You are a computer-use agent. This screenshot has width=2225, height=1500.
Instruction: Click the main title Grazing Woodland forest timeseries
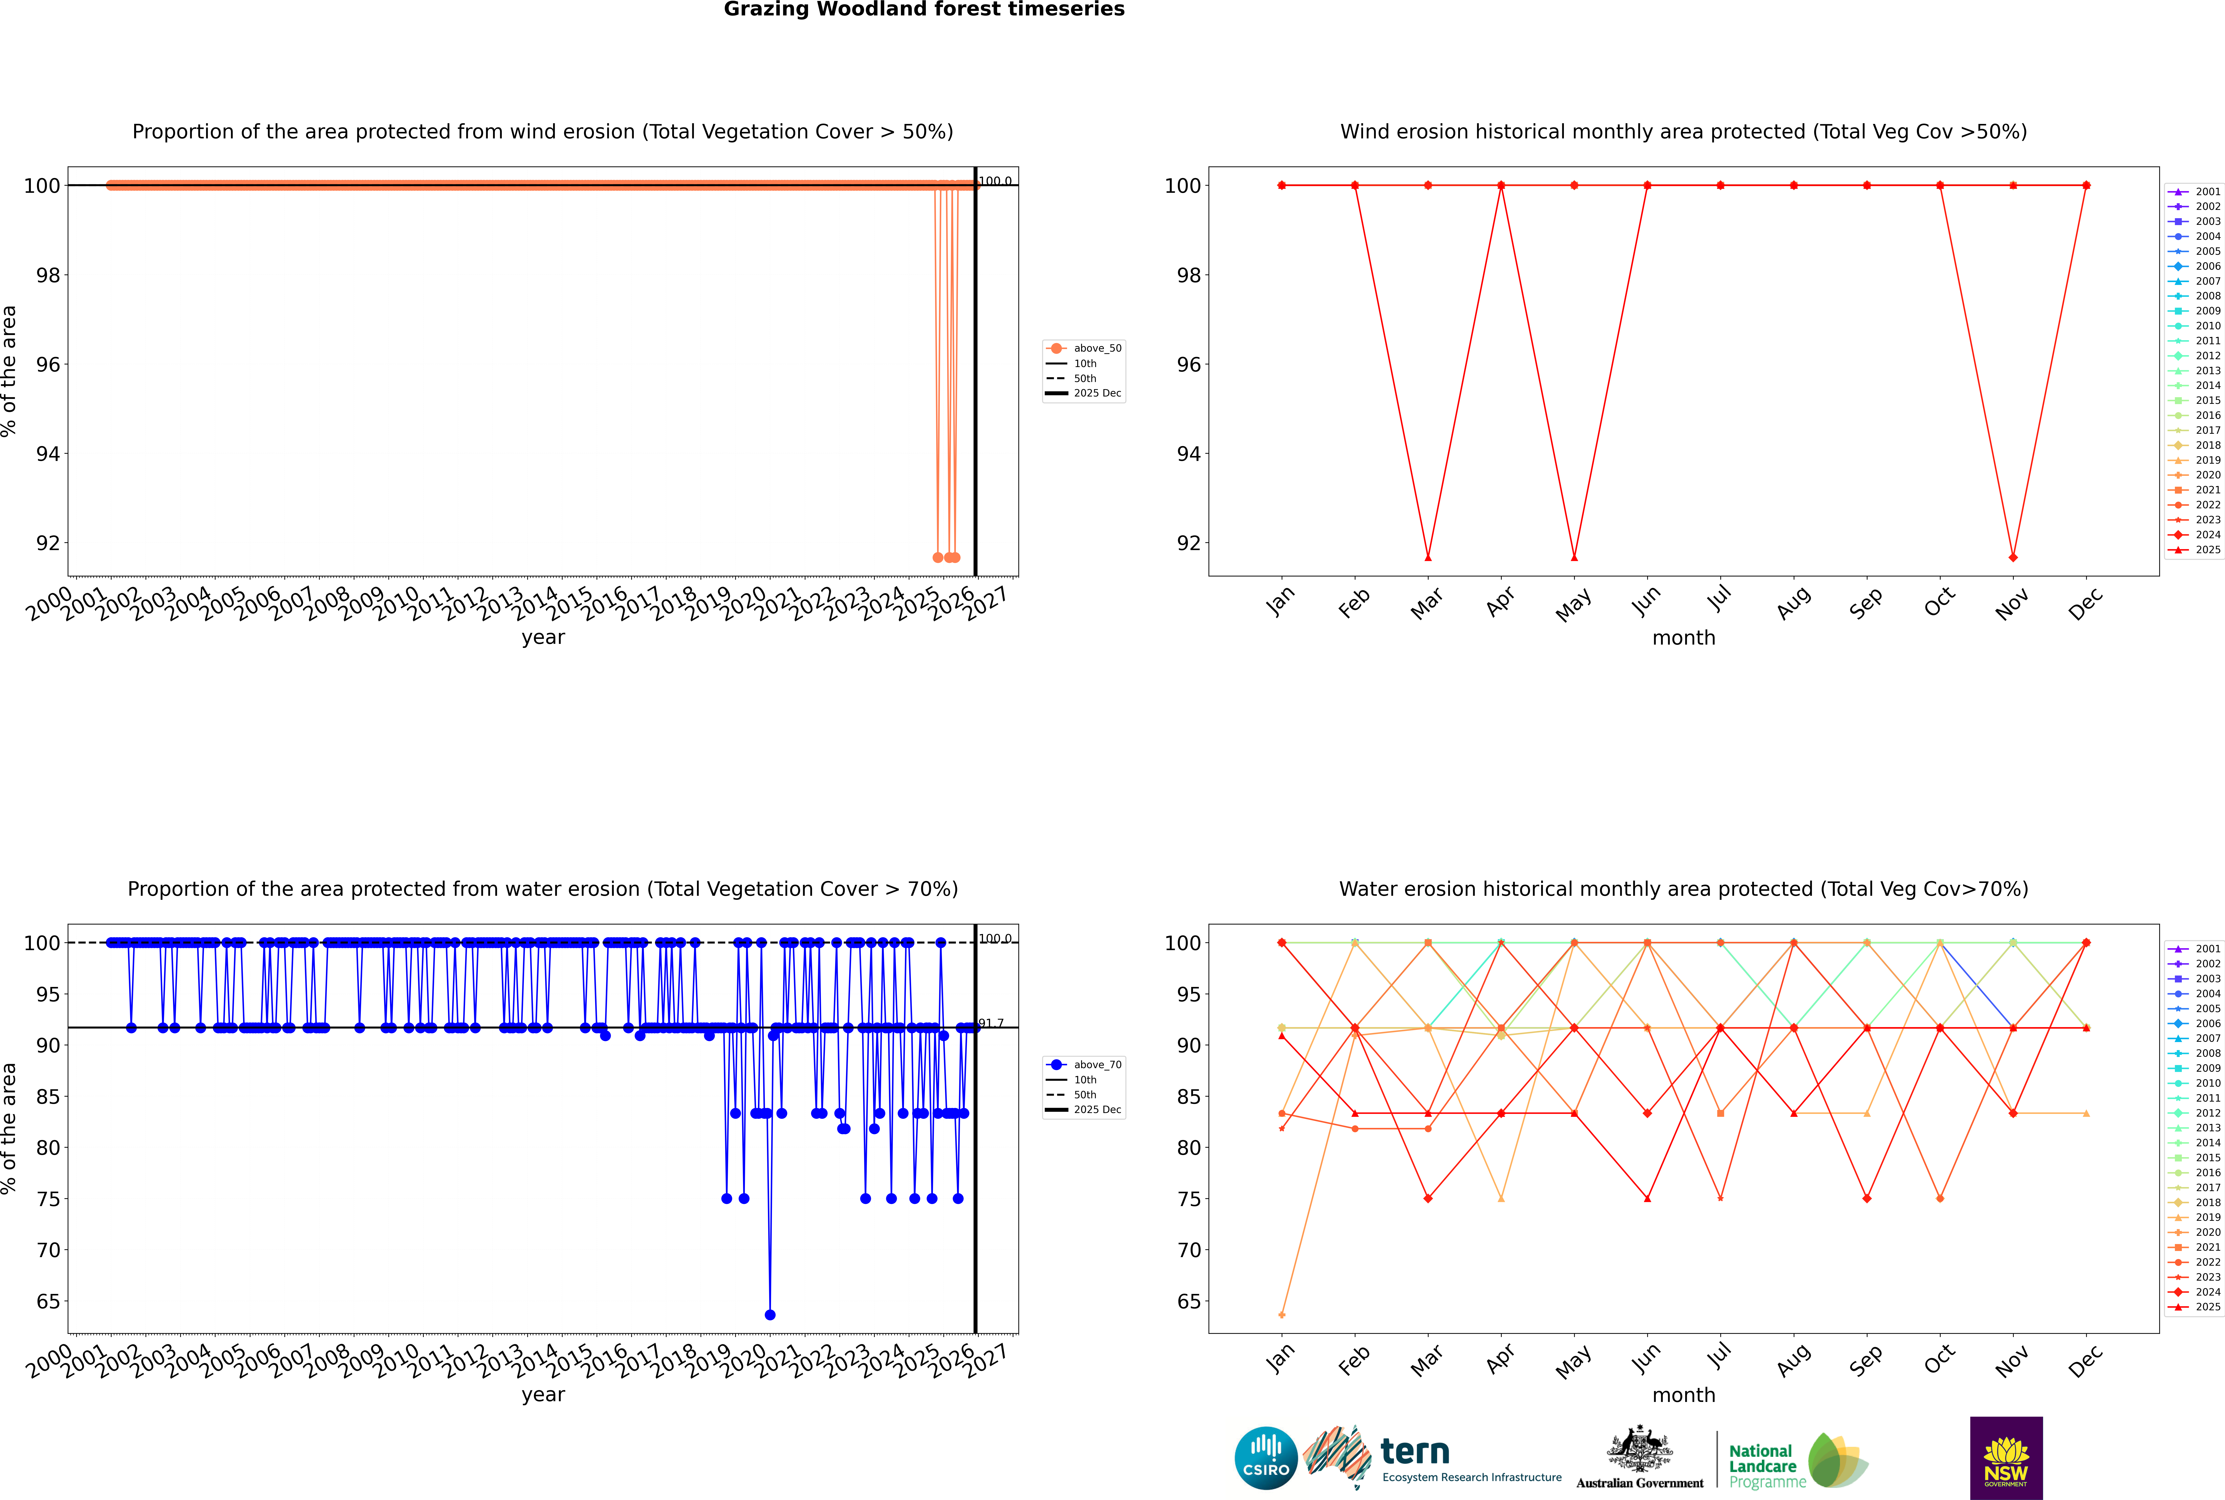[x=924, y=9]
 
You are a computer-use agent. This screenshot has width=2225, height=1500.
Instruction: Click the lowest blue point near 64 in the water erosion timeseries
[x=770, y=1314]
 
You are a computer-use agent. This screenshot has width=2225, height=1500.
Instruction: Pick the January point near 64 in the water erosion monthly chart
[x=1282, y=1314]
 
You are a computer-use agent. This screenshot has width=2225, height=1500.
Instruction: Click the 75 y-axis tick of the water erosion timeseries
[x=48, y=1199]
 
